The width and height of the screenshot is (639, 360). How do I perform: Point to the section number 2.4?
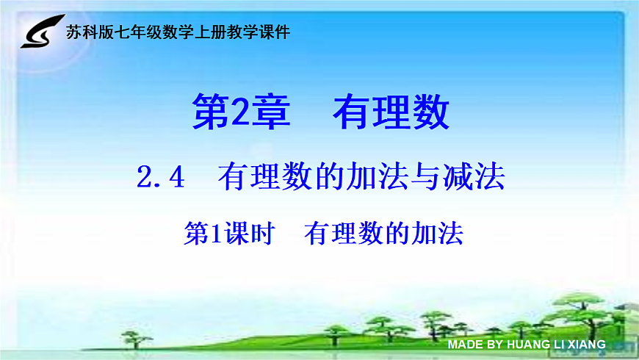(159, 177)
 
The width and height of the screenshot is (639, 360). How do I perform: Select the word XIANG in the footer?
(586, 344)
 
